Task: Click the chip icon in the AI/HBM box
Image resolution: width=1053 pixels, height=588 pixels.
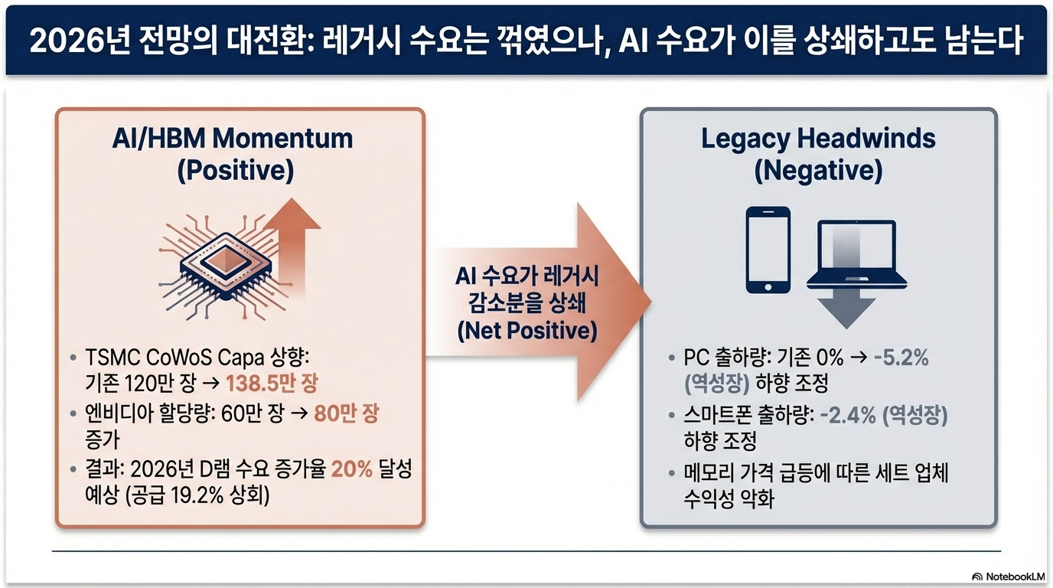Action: coord(217,262)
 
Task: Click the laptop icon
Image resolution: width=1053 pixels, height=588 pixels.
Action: coord(856,255)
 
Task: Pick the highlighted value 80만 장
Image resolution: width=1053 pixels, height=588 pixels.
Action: coord(347,414)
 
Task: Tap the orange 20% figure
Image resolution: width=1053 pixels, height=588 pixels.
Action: coord(351,469)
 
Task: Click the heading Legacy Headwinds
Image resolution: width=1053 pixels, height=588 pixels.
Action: coord(818,139)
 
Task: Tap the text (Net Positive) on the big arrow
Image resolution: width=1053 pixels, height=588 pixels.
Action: coord(527,332)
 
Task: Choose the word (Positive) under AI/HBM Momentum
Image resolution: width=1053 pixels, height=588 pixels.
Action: coord(236,171)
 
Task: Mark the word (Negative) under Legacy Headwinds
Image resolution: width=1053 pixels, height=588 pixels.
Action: coord(818,171)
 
